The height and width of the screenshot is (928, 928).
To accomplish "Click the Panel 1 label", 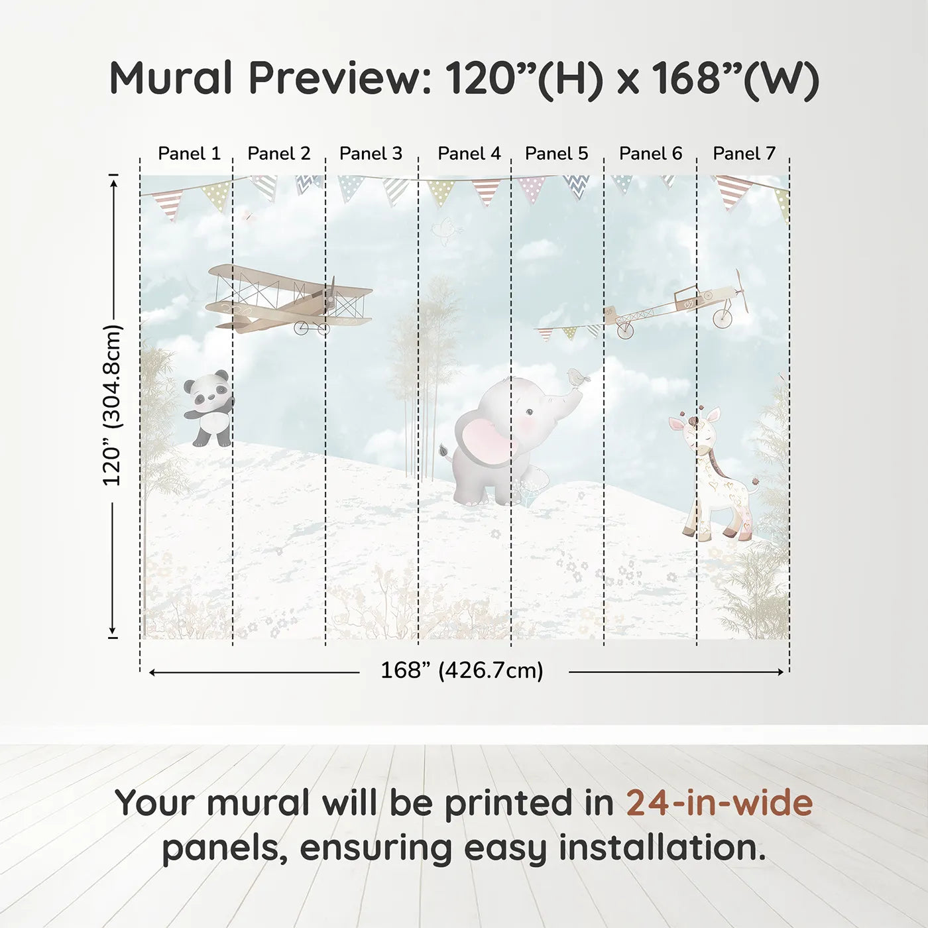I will click(189, 154).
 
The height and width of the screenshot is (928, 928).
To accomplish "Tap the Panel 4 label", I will click(469, 154).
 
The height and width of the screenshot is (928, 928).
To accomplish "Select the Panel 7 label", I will click(744, 154).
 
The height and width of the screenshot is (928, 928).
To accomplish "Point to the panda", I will click(208, 408).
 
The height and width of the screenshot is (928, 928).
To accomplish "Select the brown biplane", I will click(288, 300).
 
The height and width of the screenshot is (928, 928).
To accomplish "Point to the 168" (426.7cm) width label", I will click(461, 671).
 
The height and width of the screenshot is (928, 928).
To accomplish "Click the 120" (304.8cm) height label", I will click(113, 406).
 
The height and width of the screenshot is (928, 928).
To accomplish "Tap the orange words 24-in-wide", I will click(719, 803).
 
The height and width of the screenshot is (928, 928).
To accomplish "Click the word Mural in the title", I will click(170, 78).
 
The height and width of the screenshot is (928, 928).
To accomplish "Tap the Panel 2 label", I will click(278, 154).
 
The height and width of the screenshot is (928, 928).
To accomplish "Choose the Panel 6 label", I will click(650, 154).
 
